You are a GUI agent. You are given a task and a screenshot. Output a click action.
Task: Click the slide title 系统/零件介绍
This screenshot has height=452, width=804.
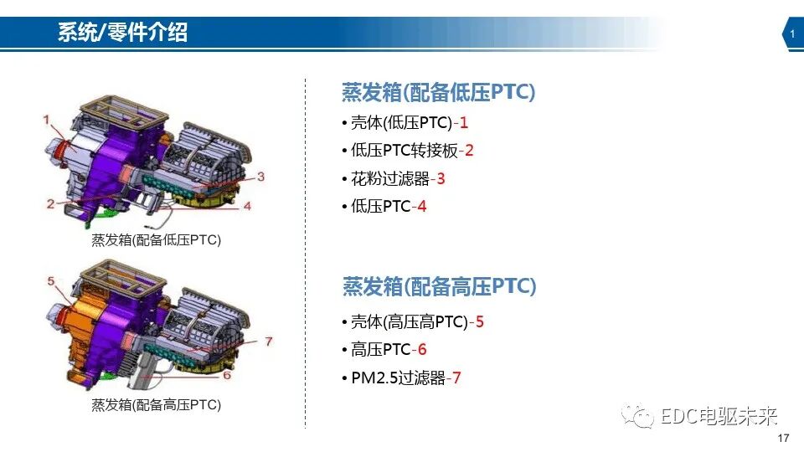pyautogui.click(x=122, y=33)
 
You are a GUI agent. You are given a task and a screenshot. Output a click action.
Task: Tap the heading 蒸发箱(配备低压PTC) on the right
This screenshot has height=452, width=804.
pyautogui.click(x=438, y=93)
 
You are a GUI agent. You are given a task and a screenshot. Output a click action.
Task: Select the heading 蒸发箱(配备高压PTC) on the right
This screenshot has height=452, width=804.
pyautogui.click(x=439, y=287)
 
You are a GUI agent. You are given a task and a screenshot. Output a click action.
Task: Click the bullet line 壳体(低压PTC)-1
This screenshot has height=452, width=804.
pyautogui.click(x=405, y=123)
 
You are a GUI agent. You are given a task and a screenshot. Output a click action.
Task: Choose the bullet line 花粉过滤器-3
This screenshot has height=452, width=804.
pyautogui.click(x=394, y=178)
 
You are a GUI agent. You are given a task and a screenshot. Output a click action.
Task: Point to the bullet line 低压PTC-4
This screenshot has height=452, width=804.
pyautogui.click(x=384, y=206)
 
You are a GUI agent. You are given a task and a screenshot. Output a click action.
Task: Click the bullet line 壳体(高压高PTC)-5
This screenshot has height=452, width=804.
pyautogui.click(x=413, y=321)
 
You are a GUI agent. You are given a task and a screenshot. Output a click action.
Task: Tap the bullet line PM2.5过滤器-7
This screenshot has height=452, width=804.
pyautogui.click(x=401, y=378)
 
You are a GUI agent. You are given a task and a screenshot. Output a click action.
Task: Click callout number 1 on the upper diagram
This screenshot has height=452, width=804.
pyautogui.click(x=48, y=120)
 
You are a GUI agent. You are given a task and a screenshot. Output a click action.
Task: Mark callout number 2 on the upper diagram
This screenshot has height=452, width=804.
pyautogui.click(x=51, y=203)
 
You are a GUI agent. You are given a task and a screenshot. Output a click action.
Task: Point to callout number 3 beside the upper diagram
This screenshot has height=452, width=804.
pyautogui.click(x=260, y=177)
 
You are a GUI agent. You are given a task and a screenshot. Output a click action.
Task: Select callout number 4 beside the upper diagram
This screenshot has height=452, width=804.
pyautogui.click(x=248, y=206)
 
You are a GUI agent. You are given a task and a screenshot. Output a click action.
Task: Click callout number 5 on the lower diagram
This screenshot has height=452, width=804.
pyautogui.click(x=51, y=281)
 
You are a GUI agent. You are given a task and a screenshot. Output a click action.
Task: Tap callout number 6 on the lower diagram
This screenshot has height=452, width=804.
pyautogui.click(x=228, y=375)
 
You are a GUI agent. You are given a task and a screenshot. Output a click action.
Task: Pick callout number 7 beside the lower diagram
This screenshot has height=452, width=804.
pyautogui.click(x=268, y=342)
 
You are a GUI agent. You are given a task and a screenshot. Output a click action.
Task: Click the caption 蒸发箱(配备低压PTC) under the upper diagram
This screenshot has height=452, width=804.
pyautogui.click(x=156, y=240)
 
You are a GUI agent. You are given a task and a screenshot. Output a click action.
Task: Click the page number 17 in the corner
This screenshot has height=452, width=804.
pyautogui.click(x=783, y=439)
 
